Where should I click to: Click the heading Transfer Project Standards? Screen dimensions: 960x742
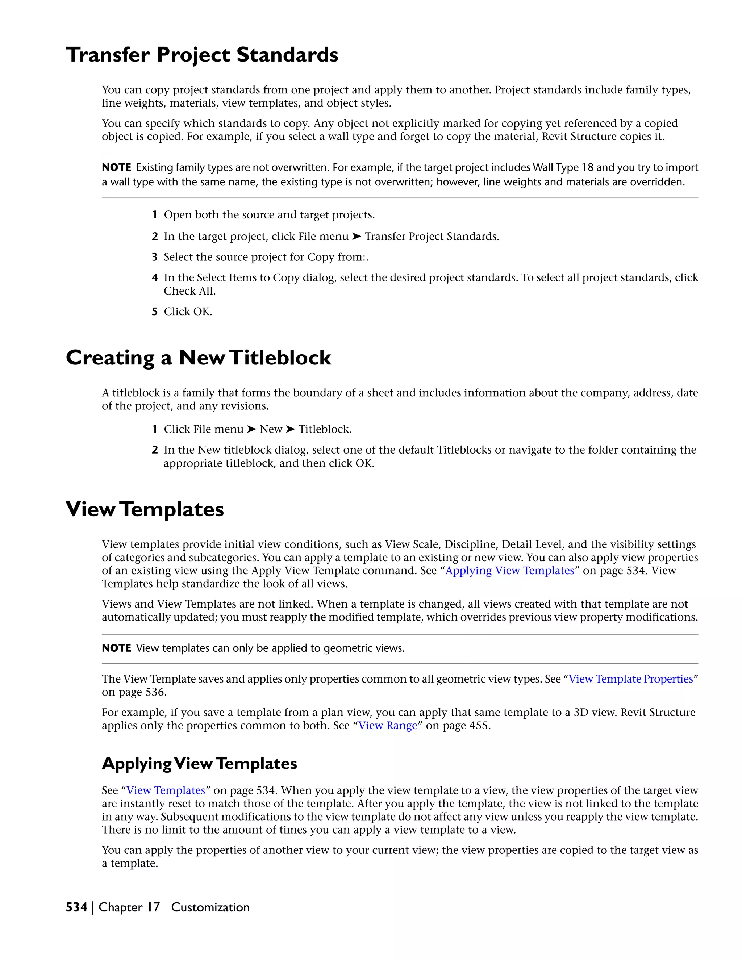(x=202, y=55)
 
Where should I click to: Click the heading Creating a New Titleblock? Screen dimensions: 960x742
(x=198, y=358)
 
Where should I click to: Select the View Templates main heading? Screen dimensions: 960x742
(x=145, y=509)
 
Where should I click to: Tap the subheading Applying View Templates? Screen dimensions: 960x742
(x=199, y=764)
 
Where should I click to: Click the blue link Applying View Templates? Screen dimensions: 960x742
(x=509, y=571)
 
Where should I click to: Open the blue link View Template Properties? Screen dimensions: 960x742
(x=630, y=679)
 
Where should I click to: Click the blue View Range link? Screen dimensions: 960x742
(x=387, y=726)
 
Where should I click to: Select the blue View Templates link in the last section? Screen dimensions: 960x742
(x=166, y=791)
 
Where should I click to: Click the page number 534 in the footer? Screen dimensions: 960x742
(x=76, y=907)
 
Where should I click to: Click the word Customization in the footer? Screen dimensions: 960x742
(x=210, y=907)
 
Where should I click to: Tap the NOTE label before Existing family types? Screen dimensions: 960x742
(x=117, y=167)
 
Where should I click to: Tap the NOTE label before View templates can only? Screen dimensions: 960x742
(x=117, y=648)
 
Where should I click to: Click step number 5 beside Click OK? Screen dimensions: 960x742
(x=154, y=312)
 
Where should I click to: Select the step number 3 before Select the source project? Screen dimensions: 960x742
(x=154, y=257)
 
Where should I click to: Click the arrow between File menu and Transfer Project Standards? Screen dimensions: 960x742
(x=357, y=237)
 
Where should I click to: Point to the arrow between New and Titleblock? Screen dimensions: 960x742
(x=290, y=429)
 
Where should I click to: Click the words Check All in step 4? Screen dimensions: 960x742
(x=189, y=291)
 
